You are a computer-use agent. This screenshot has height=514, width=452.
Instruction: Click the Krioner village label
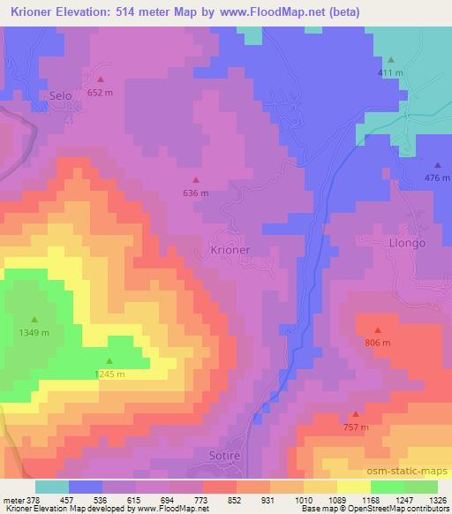tap(230, 250)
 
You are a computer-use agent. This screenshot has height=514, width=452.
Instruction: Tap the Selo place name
tap(61, 95)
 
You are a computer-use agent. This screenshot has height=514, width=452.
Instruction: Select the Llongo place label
tap(407, 242)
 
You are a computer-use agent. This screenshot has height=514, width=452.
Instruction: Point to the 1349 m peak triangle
tap(35, 319)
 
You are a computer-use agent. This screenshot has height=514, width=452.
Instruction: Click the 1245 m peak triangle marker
tap(109, 360)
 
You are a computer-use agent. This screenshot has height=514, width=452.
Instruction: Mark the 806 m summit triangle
tap(377, 329)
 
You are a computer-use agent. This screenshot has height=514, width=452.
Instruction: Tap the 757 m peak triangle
tap(356, 413)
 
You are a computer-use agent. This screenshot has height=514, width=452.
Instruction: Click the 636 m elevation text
tap(195, 193)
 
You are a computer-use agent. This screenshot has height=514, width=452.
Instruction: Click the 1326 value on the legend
tap(436, 499)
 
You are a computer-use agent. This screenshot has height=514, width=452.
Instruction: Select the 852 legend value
tap(234, 499)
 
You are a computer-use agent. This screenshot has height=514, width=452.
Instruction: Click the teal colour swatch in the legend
tap(52, 487)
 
